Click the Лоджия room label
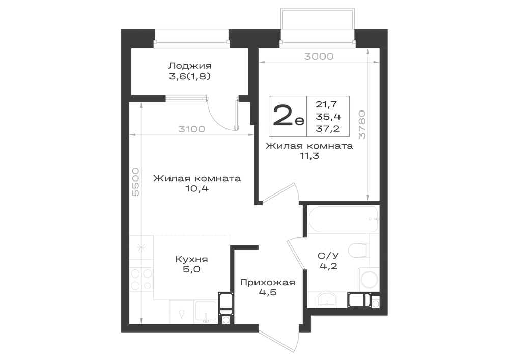[190, 66]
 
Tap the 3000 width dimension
[319, 57]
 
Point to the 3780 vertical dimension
[361, 125]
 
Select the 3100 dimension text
[191, 129]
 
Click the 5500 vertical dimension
[136, 182]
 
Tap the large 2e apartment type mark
[289, 116]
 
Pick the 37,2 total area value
[327, 129]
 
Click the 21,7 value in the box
[326, 104]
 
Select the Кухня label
[191, 259]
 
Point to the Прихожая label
[268, 283]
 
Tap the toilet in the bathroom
[359, 251]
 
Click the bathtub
[343, 219]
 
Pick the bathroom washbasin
[327, 299]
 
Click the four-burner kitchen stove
[142, 279]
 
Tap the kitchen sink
[206, 312]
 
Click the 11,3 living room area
[309, 156]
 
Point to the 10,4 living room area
[197, 188]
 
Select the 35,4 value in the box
[328, 117]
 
